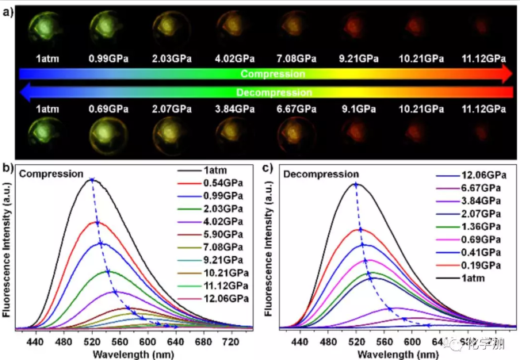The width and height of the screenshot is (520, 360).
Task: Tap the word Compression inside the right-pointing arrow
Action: [273, 74]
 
